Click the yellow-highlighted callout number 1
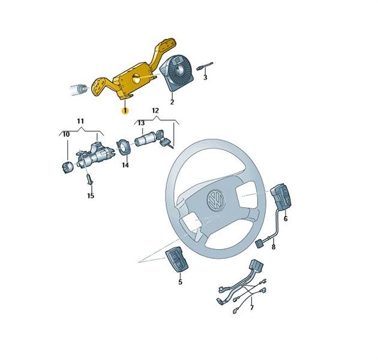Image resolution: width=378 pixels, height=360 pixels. point(125,111)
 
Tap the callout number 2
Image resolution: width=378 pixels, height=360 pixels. point(172,102)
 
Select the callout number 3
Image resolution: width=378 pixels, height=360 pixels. point(205,77)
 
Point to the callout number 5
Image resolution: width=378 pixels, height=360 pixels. point(181,281)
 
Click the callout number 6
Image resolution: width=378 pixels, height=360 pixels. point(286,219)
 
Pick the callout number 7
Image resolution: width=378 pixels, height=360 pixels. point(252,308)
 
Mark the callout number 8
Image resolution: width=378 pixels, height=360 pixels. point(274,247)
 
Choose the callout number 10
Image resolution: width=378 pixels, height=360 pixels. point(66,134)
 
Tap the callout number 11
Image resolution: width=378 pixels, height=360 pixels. point(80,121)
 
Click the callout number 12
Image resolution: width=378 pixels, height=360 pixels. point(155,110)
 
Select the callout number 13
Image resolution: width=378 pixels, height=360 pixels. point(141,123)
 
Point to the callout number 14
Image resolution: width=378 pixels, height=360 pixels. point(125,165)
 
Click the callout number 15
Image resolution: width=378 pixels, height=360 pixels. point(91,196)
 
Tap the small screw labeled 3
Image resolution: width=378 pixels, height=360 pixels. point(205,67)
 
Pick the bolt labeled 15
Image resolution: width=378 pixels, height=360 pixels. point(89,179)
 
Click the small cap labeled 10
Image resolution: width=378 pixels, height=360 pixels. point(67,167)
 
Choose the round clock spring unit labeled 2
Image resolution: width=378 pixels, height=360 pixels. point(176,74)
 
